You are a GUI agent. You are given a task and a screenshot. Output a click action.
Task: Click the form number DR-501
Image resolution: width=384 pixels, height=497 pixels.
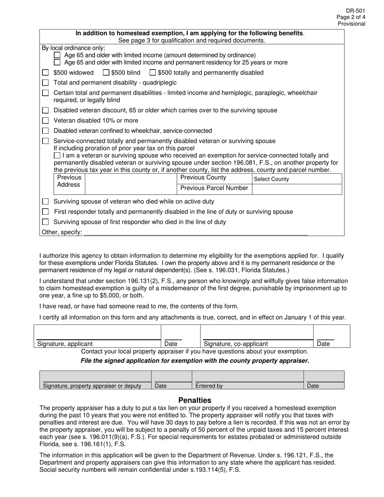(x=355, y=11)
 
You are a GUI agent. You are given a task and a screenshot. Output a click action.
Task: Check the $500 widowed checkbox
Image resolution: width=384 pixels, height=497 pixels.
(x=46, y=73)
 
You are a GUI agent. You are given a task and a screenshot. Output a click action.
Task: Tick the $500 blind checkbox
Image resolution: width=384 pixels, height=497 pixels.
(x=106, y=73)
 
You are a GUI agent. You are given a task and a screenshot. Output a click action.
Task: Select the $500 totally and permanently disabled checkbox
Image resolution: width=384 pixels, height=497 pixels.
(x=152, y=73)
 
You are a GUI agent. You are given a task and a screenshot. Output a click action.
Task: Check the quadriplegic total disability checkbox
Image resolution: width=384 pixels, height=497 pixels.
(x=46, y=83)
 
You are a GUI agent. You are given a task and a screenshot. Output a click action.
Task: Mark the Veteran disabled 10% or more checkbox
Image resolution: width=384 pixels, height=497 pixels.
(x=46, y=120)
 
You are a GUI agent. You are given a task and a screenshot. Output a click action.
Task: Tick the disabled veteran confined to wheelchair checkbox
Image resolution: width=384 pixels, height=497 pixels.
(x=46, y=131)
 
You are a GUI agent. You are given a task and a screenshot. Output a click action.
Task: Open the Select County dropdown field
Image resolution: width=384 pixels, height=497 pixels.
(x=297, y=179)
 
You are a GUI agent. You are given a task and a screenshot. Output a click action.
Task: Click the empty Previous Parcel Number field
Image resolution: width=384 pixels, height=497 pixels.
(x=297, y=189)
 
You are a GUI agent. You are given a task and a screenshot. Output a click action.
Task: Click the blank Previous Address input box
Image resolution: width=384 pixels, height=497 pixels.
(x=131, y=184)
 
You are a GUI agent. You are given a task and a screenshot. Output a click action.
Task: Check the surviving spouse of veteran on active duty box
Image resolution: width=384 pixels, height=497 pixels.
(x=46, y=201)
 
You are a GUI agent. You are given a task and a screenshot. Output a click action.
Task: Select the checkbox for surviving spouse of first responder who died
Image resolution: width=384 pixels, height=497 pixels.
(x=46, y=222)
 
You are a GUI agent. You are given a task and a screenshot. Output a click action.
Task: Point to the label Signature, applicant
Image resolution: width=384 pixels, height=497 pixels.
(x=65, y=344)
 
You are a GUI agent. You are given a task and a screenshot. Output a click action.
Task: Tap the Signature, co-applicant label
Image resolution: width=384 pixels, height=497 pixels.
(x=236, y=344)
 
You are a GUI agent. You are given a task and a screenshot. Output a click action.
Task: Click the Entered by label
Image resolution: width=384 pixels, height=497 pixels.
(x=209, y=386)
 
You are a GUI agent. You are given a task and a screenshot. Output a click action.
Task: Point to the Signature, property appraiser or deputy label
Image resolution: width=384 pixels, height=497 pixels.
(x=92, y=386)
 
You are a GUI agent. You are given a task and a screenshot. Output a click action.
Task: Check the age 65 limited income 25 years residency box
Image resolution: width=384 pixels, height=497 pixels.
(x=57, y=62)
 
